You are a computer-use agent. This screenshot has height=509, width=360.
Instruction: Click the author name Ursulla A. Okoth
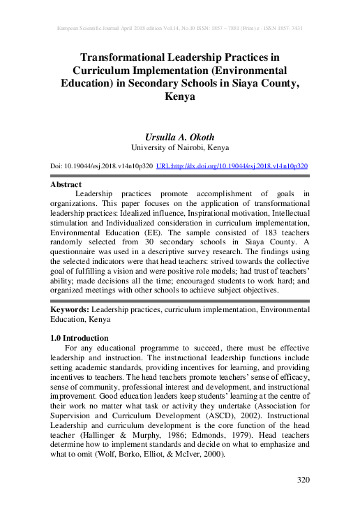point(179,136)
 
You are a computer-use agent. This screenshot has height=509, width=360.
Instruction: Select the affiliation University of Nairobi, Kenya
point(179,148)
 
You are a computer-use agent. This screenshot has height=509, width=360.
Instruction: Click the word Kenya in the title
point(179,98)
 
